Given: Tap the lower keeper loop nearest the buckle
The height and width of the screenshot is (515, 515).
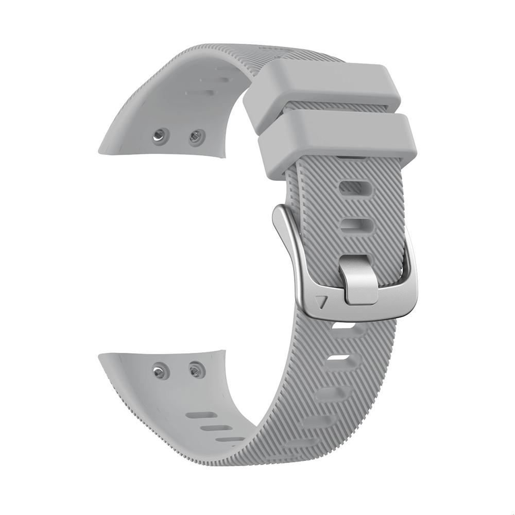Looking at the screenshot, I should [337, 139].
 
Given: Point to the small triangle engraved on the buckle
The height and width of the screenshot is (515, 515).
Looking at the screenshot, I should [323, 302].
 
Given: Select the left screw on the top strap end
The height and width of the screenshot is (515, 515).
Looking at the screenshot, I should [161, 135].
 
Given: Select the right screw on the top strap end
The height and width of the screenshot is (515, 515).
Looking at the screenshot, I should [196, 136].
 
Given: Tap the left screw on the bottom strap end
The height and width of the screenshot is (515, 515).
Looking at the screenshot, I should [161, 370].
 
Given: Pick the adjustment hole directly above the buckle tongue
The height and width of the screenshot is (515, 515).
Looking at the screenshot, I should [356, 225].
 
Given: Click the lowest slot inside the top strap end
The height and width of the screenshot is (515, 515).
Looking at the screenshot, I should [199, 93].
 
